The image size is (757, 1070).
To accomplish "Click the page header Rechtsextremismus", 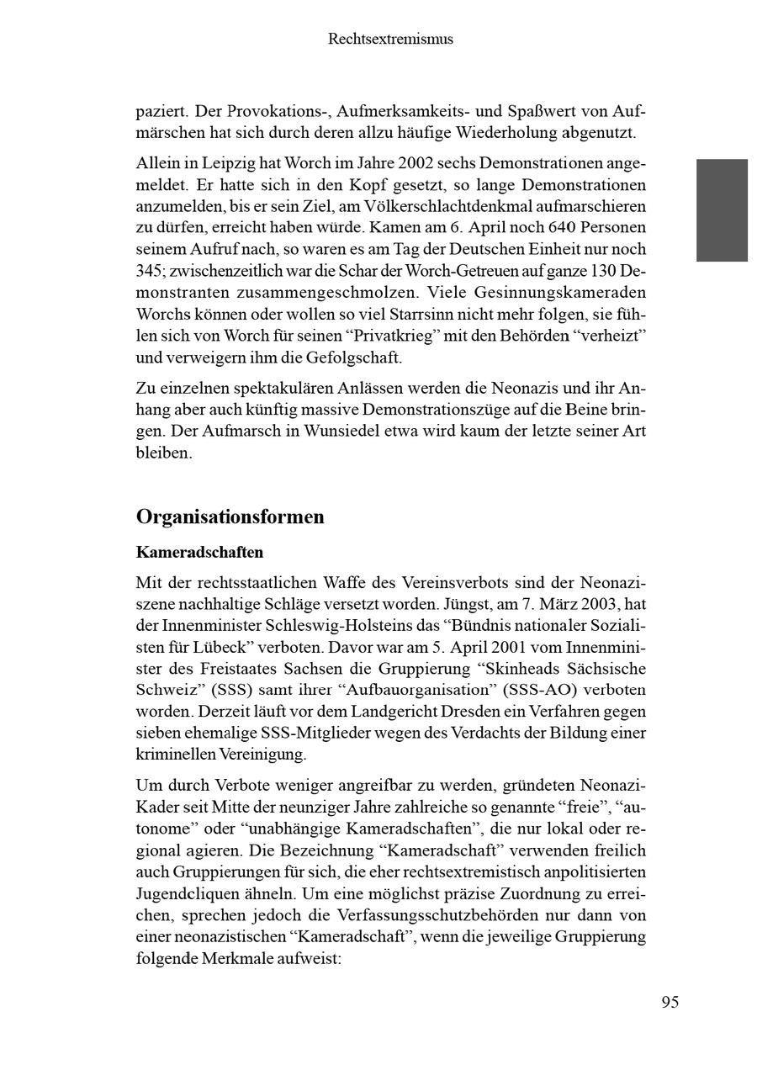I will (390, 39).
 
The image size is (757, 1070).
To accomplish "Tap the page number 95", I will (670, 1002).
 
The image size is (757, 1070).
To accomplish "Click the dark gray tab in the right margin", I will (722, 210).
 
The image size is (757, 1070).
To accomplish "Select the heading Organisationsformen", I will (230, 516).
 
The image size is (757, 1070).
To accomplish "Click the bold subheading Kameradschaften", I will (199, 553).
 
